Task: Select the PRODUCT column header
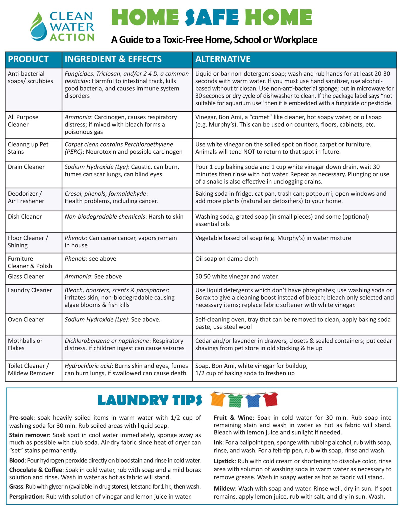(x=28, y=59)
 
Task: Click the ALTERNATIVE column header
(x=223, y=59)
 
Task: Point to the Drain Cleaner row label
(x=26, y=167)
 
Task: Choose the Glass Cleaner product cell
(x=26, y=276)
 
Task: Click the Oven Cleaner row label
(x=26, y=319)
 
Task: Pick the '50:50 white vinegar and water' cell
(x=237, y=276)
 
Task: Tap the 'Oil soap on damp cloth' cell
(x=226, y=259)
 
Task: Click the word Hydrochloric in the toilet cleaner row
(x=88, y=366)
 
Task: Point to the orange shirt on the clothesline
(x=218, y=399)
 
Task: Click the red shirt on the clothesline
(x=270, y=399)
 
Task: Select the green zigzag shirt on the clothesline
(x=235, y=400)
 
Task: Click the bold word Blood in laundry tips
(x=17, y=460)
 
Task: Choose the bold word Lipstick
(x=224, y=461)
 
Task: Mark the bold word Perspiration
(x=26, y=497)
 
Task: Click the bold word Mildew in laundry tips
(x=224, y=489)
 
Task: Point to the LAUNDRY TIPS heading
(x=150, y=400)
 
